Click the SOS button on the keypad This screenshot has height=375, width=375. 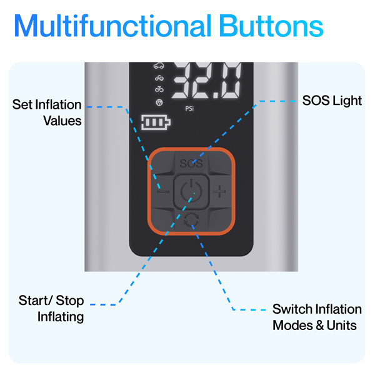191,163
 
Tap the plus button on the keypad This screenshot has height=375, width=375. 219,192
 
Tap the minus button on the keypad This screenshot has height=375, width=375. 163,191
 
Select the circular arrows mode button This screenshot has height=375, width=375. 191,220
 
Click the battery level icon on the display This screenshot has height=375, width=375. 156,122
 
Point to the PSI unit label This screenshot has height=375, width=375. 189,109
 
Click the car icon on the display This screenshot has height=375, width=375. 159,66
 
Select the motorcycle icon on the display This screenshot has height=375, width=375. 159,77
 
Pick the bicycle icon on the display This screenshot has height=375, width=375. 159,89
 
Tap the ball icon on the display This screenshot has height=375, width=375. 159,102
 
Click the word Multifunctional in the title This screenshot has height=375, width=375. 113,26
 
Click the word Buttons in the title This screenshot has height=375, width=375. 271,26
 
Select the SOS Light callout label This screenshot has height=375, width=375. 332,101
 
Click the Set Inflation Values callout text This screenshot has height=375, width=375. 47,112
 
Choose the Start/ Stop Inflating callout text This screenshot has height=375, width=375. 51,309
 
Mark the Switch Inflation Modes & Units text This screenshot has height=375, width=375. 317,317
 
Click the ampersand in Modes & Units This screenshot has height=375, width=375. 320,326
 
